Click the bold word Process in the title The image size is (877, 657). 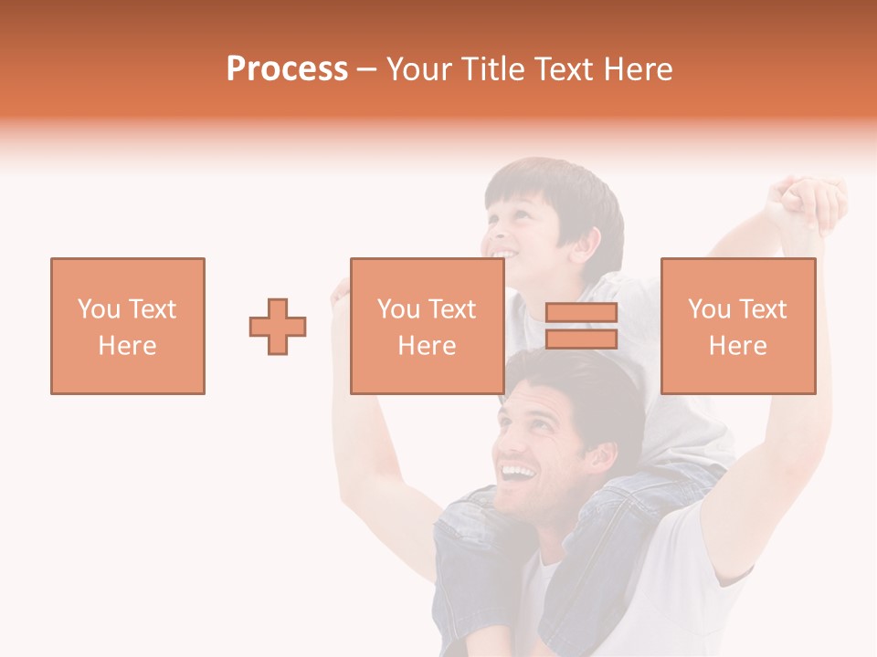[x=287, y=69]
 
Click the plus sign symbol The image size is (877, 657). [x=278, y=327]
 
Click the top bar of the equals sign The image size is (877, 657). [x=581, y=313]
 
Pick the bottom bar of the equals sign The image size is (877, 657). [x=581, y=339]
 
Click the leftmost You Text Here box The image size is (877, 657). [x=127, y=326]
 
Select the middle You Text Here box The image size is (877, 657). [x=427, y=326]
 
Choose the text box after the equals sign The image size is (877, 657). [x=737, y=326]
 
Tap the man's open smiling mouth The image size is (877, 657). [x=517, y=474]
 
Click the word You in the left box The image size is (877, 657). [x=98, y=308]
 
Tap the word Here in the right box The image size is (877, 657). [x=737, y=346]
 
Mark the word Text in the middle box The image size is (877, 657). [x=452, y=308]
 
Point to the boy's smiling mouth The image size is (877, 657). [x=502, y=254]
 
